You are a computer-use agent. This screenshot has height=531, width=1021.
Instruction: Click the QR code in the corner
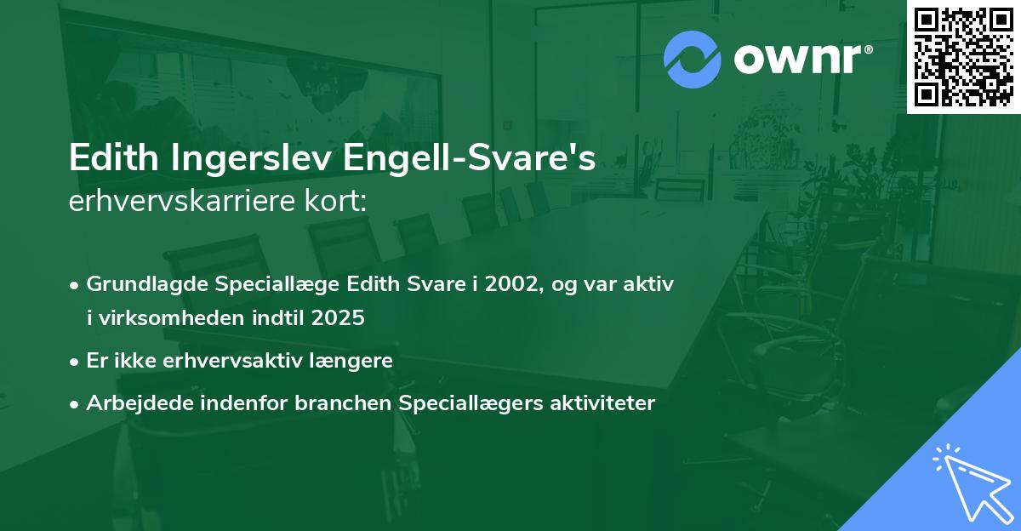point(964,57)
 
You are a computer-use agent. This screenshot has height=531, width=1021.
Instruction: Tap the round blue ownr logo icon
point(692,58)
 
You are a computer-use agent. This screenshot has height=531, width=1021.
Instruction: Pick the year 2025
point(340,318)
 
